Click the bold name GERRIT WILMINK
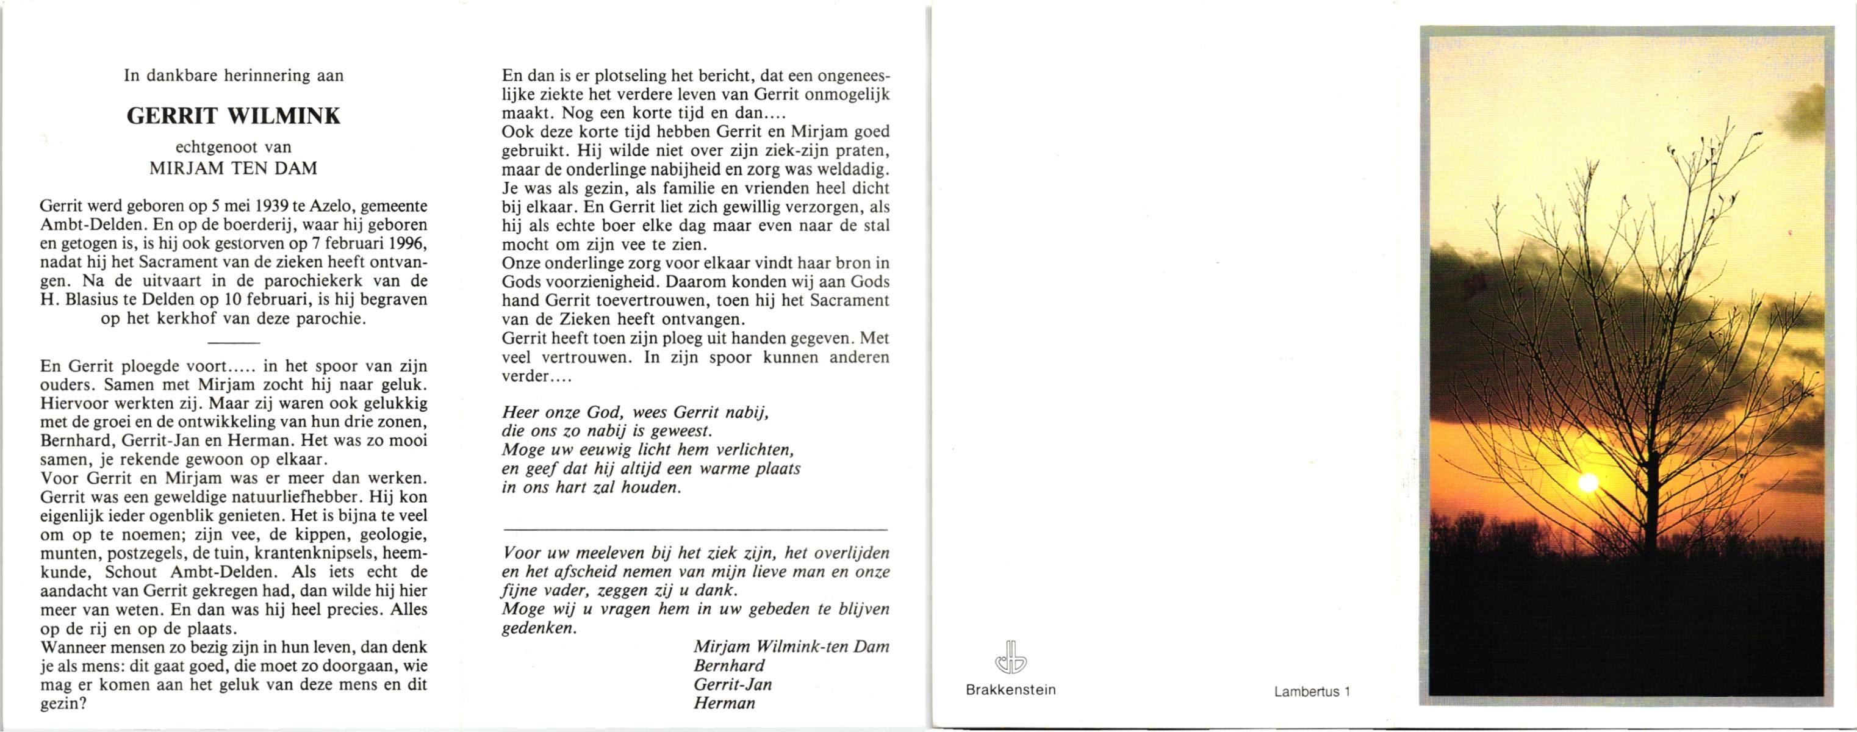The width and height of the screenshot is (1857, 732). coord(234,116)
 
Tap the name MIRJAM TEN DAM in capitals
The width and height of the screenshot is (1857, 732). coord(234,168)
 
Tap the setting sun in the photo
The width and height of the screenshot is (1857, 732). coord(1588,483)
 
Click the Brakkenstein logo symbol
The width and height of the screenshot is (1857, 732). coord(1010,657)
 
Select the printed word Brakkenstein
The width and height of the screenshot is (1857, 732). coord(1010,689)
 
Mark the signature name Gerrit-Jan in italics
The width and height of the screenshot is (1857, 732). coord(733,684)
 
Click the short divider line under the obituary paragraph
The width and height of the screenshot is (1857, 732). coord(234,342)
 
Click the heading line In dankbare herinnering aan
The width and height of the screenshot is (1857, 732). coord(234,76)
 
